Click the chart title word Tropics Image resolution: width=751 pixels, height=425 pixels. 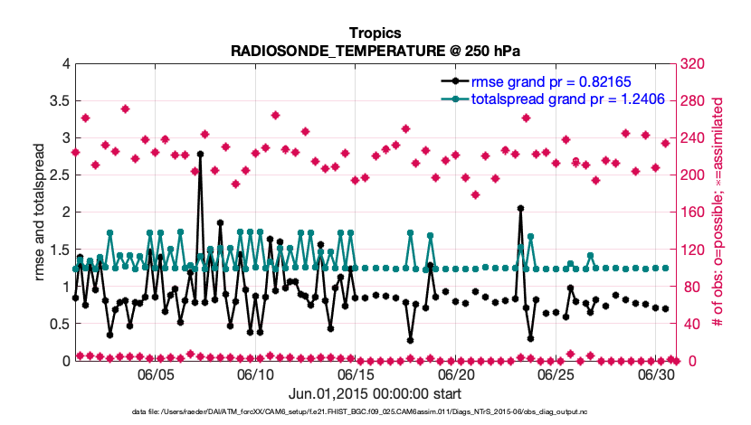coord(375,32)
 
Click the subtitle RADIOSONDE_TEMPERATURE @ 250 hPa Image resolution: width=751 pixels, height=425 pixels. coord(375,51)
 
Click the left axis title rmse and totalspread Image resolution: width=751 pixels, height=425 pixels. coord(41,212)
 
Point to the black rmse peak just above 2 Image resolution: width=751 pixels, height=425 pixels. coord(520,208)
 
